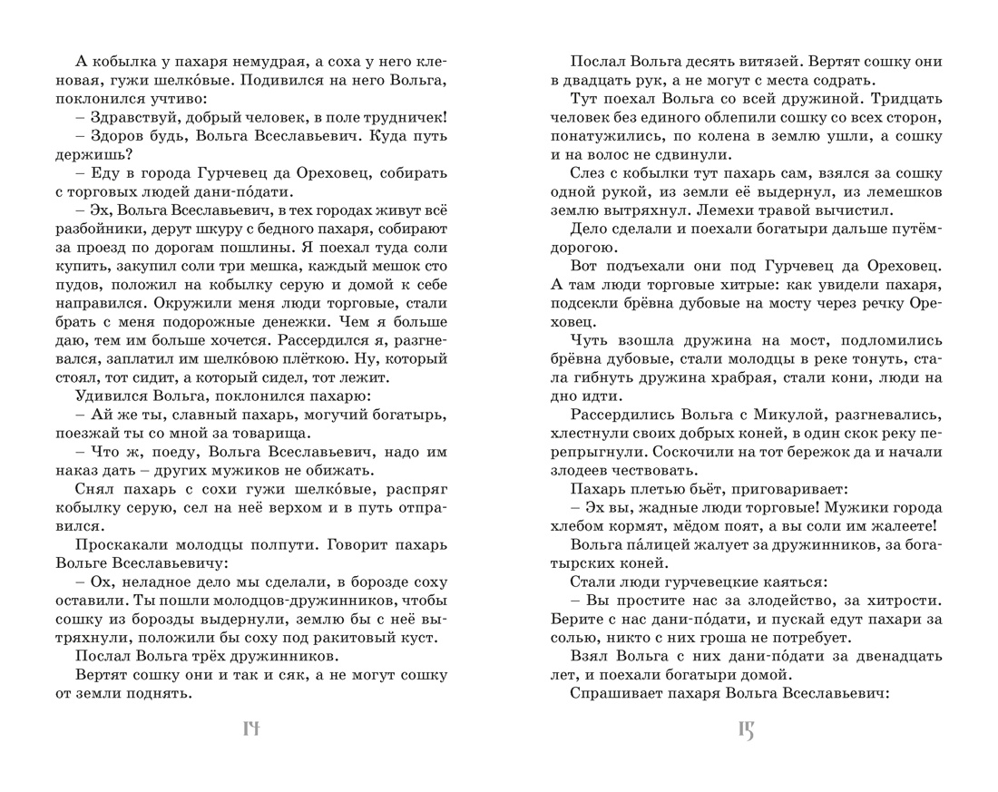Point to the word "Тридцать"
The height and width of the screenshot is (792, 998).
[903, 97]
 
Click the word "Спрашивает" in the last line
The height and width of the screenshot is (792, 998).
[621, 694]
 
